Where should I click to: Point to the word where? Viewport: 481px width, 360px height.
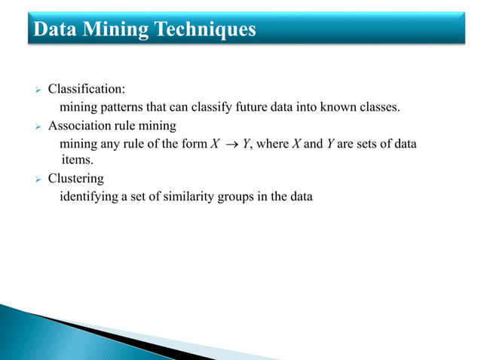(273, 144)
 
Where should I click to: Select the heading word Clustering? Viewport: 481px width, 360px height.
(76, 179)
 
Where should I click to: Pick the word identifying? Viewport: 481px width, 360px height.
(87, 197)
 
